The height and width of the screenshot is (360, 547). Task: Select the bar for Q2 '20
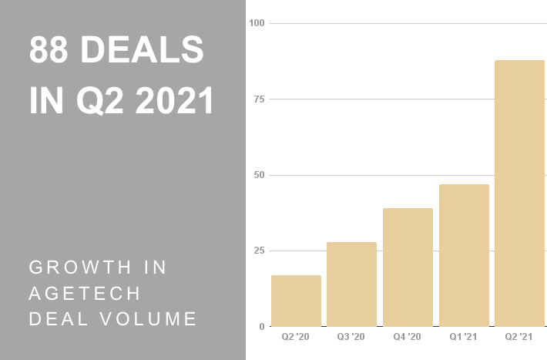[x=296, y=301]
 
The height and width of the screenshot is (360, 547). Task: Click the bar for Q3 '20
[x=351, y=284]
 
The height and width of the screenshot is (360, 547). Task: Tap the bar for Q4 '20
[x=408, y=267]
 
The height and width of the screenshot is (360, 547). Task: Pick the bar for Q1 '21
[x=464, y=255]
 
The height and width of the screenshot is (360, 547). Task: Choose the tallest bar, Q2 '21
[x=519, y=193]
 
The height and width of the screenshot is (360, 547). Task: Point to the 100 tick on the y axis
[x=257, y=23]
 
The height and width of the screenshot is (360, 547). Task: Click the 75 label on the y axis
[x=259, y=99]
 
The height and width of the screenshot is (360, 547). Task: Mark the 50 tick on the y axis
[x=259, y=175]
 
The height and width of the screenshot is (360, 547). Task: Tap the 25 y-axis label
[x=259, y=251]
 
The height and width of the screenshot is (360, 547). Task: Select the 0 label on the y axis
[x=261, y=327]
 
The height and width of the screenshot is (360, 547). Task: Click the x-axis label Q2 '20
[x=296, y=338]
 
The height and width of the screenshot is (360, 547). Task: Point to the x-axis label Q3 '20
[x=351, y=338]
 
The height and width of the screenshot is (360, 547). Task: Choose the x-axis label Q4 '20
[x=408, y=338]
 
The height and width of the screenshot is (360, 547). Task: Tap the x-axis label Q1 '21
[x=464, y=338]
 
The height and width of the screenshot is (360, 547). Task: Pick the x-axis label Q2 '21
[x=519, y=338]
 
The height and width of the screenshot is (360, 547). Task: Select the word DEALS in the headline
[x=143, y=51]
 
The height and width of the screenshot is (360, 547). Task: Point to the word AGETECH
[x=84, y=293]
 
